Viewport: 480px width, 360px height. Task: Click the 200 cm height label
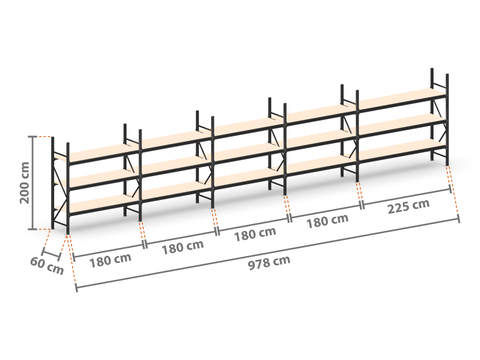tap(25, 183)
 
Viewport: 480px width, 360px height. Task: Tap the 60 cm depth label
tap(47, 266)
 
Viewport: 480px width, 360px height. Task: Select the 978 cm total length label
tap(269, 262)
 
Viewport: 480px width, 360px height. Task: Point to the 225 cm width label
tap(408, 206)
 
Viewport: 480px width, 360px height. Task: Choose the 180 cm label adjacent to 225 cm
tap(327, 221)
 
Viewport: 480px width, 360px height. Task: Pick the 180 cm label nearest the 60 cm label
tap(110, 260)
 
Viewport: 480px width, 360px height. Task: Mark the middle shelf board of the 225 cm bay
tap(402, 123)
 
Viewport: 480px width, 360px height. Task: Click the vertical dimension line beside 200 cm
tap(33, 183)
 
